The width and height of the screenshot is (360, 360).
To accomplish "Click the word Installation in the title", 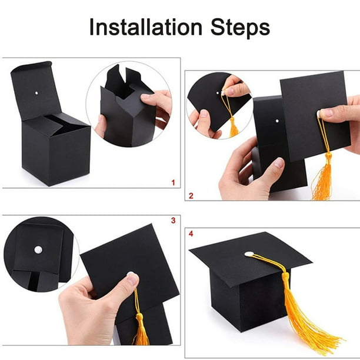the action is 146,27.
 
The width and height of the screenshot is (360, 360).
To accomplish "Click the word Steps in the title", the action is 240,28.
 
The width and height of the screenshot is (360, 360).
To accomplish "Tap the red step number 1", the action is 174,183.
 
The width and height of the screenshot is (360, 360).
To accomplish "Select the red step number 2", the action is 191,196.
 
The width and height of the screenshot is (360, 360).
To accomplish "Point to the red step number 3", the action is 174,221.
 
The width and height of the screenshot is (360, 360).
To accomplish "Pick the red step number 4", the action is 191,234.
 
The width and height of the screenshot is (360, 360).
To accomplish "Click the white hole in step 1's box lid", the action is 36,93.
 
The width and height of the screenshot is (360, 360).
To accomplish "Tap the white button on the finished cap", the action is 249,254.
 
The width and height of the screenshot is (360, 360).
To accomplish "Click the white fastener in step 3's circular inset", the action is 38,250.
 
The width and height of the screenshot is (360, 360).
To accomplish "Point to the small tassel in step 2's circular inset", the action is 234,127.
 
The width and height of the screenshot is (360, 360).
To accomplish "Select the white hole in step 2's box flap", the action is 277,121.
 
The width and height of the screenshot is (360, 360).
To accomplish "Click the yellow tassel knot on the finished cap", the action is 286,276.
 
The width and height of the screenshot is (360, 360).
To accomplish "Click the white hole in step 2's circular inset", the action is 218,93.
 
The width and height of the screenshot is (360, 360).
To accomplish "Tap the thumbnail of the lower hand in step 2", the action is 279,162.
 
